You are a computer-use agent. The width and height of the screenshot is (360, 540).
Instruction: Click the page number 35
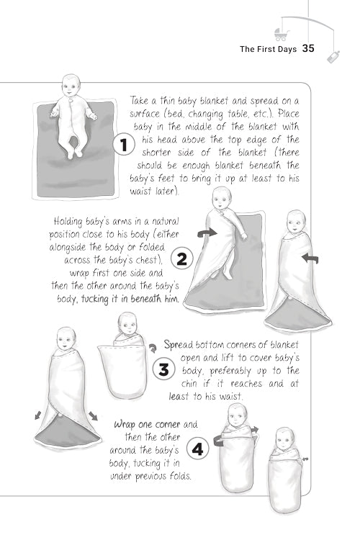click(x=309, y=49)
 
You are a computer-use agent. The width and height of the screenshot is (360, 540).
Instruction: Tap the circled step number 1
click(x=124, y=145)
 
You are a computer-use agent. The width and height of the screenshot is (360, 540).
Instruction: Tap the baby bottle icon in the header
click(x=333, y=56)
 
